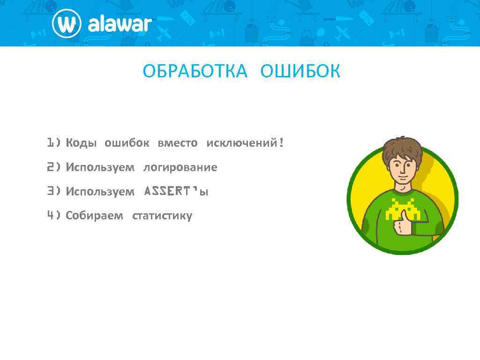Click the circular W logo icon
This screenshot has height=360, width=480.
tap(66, 23)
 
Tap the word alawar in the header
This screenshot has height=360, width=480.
tap(120, 24)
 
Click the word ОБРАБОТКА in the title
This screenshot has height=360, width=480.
tap(195, 72)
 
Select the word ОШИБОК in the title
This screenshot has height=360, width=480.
tap(300, 72)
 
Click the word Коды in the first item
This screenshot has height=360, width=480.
tap(81, 143)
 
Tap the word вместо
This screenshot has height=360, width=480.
tap(177, 143)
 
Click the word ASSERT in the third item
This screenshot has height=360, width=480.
tap(168, 191)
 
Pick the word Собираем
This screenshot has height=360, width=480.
tap(94, 216)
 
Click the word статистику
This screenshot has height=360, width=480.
tap(162, 216)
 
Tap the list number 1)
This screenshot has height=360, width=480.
tap(53, 142)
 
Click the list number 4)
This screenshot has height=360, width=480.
tap(53, 216)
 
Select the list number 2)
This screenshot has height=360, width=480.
tap(53, 167)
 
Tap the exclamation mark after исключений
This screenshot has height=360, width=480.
tap(281, 142)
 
